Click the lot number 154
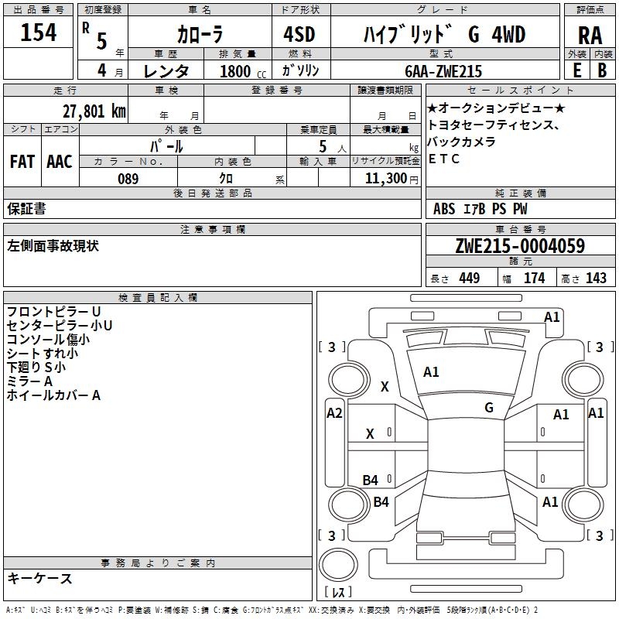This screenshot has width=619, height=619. (x=39, y=33)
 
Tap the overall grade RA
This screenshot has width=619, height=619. (x=590, y=36)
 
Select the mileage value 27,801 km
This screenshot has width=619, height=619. (x=94, y=110)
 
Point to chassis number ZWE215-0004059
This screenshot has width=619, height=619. (x=519, y=246)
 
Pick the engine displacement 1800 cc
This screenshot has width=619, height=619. (x=236, y=71)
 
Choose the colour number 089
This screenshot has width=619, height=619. (x=128, y=178)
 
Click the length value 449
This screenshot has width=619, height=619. (x=469, y=278)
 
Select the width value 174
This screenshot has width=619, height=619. (x=534, y=278)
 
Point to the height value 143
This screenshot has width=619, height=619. (x=596, y=278)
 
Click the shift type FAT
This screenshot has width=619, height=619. (x=22, y=161)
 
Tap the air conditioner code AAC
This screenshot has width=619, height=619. (x=60, y=161)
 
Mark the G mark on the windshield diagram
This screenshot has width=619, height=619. (x=489, y=407)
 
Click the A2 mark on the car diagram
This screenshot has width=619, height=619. (x=334, y=413)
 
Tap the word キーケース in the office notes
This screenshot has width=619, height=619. (x=39, y=578)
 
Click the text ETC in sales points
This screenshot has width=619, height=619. (x=444, y=159)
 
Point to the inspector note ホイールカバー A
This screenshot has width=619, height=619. (x=53, y=395)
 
